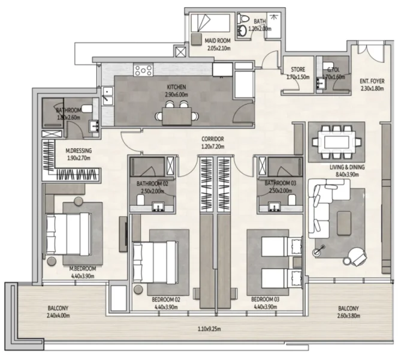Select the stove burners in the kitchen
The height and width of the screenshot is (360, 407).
coord(144,70)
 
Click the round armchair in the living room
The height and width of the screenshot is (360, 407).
coord(358,256)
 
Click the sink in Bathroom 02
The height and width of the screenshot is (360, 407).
coord(159,207)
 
